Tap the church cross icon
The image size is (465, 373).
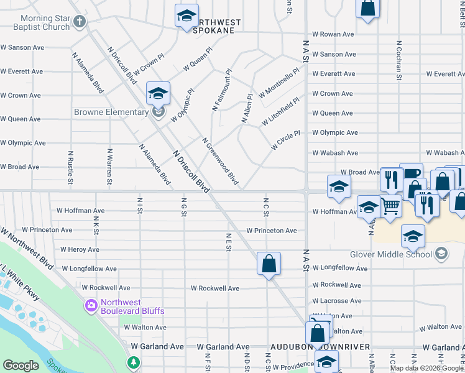click(78, 22)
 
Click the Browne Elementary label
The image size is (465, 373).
click(111, 113)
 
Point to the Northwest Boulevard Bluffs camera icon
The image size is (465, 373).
click(91, 305)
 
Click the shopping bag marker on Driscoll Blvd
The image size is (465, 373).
click(269, 264)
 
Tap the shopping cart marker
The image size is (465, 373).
click(390, 206)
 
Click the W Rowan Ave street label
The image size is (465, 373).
click(333, 34)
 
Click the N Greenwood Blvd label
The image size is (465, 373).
click(221, 161)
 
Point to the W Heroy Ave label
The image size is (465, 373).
click(80, 250)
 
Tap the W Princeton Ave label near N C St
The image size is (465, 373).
click(272, 231)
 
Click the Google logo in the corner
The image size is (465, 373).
click(21, 366)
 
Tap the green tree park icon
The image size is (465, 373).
click(132, 362)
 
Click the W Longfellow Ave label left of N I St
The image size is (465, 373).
click(89, 269)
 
